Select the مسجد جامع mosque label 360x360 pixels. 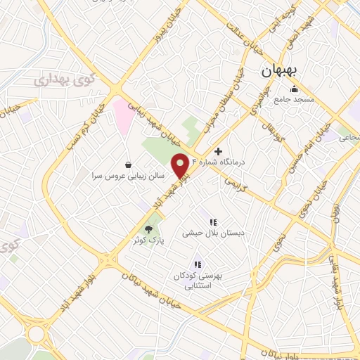pyautogui.click(x=294, y=101)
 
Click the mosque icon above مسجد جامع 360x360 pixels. pyautogui.click(x=294, y=89)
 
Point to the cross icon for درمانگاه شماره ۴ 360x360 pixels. pyautogui.click(x=219, y=151)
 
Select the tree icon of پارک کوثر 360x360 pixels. pyautogui.click(x=148, y=229)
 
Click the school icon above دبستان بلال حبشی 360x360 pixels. pyautogui.click(x=212, y=222)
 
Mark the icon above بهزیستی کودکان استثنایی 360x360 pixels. pyautogui.click(x=198, y=264)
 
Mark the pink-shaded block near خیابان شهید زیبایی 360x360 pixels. pyautogui.click(x=121, y=117)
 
